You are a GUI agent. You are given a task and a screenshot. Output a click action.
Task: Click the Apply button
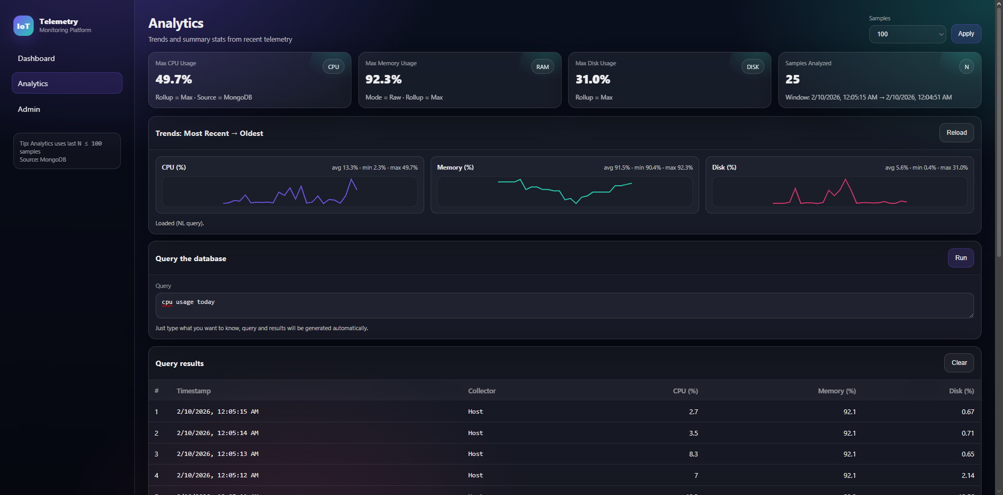966,34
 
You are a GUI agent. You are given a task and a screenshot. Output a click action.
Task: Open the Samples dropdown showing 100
907,34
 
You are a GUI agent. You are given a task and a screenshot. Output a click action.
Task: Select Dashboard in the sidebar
36,58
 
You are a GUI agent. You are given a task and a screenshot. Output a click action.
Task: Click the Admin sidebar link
29,109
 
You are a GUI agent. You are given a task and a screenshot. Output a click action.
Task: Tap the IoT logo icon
24,26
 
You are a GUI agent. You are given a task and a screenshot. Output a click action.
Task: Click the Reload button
956,133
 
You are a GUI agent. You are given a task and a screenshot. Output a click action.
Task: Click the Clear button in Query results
959,363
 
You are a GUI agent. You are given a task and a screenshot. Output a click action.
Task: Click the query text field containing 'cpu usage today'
564,305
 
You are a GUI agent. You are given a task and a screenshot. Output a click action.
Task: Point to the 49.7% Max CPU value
174,79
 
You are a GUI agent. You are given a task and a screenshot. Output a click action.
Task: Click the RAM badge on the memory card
542,67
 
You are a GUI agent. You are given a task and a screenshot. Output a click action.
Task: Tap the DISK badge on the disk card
753,67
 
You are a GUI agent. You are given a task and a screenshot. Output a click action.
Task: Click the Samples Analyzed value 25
792,79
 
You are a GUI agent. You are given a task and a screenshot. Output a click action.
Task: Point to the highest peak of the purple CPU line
352,179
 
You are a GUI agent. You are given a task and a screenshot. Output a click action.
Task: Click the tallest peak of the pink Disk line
846,179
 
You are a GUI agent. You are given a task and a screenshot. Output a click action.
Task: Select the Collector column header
481,391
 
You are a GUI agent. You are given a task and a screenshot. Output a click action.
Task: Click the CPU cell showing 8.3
693,454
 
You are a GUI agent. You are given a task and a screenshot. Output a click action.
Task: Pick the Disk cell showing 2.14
967,475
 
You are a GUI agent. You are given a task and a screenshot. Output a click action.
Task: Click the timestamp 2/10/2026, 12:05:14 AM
218,433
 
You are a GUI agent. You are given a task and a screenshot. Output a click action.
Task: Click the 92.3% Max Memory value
383,79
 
